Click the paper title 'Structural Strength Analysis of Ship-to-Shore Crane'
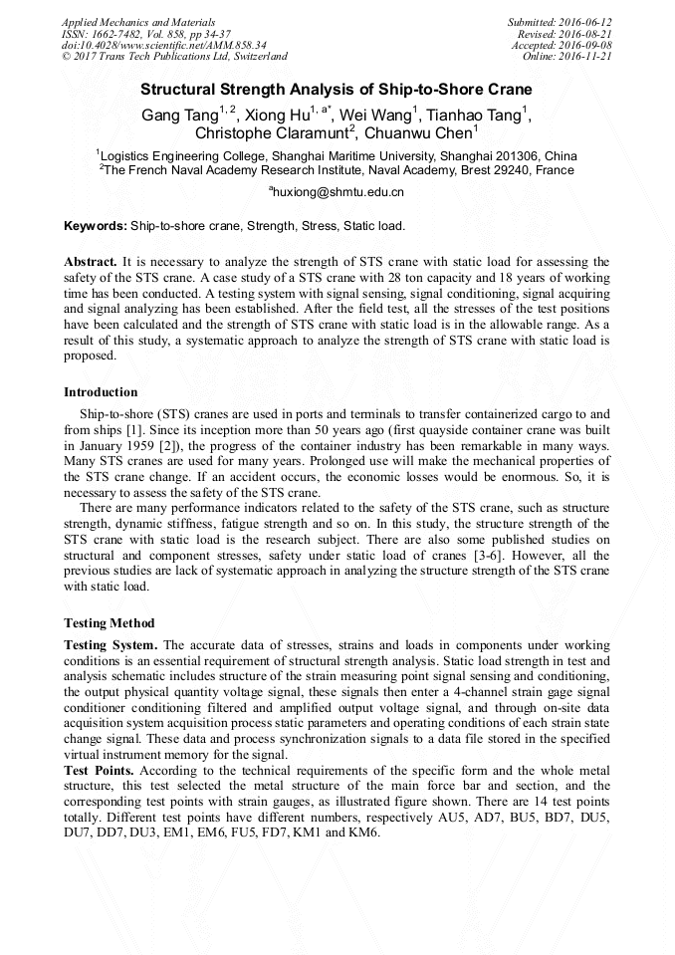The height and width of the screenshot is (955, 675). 337,89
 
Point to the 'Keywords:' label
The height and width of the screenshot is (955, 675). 95,226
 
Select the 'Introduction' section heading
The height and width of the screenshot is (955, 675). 101,391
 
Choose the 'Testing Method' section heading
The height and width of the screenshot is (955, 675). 109,622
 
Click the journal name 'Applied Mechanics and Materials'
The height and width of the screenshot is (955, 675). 137,22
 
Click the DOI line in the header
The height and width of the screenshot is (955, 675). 163,46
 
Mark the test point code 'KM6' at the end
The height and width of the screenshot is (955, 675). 361,832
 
